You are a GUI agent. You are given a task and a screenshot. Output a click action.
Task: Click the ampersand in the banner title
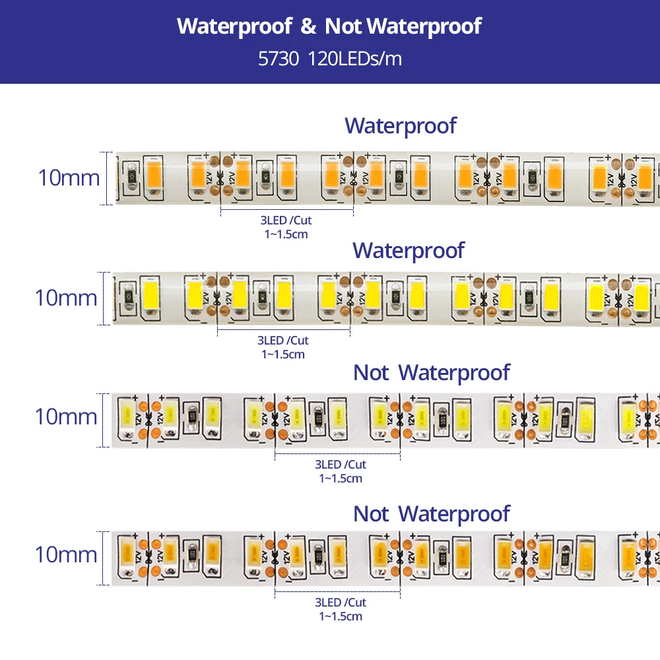308,26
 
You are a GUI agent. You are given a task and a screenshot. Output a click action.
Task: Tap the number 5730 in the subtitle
279,59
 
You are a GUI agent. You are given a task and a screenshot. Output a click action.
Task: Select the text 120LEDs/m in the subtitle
354,59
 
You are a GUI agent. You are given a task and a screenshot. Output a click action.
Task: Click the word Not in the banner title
343,26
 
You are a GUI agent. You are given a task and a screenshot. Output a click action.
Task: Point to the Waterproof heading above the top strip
401,125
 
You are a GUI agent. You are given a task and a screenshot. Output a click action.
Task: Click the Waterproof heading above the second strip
408,250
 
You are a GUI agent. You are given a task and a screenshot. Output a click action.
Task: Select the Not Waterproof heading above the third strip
432,372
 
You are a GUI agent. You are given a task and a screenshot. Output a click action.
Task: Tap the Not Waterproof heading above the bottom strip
432,513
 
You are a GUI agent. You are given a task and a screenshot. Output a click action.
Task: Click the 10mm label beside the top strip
69,178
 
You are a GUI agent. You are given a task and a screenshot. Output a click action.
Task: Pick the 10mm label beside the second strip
66,298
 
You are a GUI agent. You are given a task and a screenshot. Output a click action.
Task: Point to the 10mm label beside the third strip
66,416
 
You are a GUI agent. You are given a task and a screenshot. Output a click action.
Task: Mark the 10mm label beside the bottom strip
66,554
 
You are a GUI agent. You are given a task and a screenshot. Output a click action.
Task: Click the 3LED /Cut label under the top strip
284,220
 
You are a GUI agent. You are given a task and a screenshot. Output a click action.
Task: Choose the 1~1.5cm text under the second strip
283,354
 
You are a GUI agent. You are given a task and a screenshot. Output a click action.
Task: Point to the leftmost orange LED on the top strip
153,175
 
